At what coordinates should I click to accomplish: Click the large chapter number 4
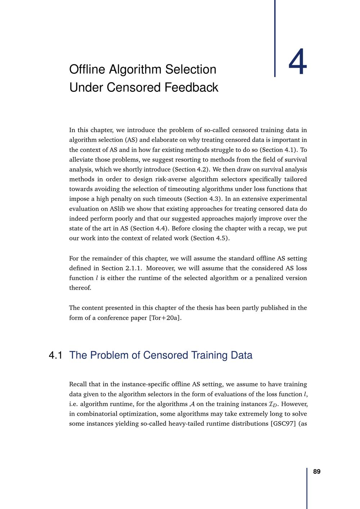pos(298,64)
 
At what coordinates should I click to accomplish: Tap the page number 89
pos(317,472)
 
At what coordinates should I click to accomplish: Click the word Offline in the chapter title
pos(87,69)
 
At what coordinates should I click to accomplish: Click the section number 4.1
pos(55,355)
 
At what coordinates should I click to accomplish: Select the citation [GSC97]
pos(283,424)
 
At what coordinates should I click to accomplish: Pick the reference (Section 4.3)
pos(203,199)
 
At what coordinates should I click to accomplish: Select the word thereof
pos(80,288)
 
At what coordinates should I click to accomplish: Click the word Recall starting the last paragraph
pos(79,384)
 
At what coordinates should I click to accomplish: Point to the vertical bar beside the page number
pos(307,488)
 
